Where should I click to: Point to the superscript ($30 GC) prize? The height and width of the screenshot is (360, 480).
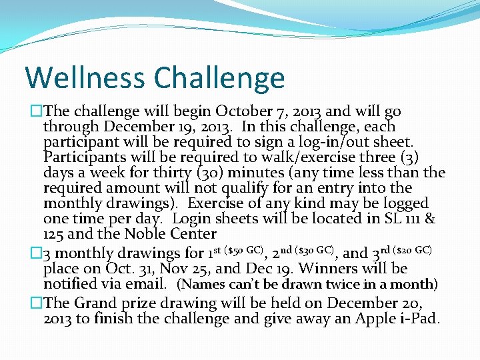313,250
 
